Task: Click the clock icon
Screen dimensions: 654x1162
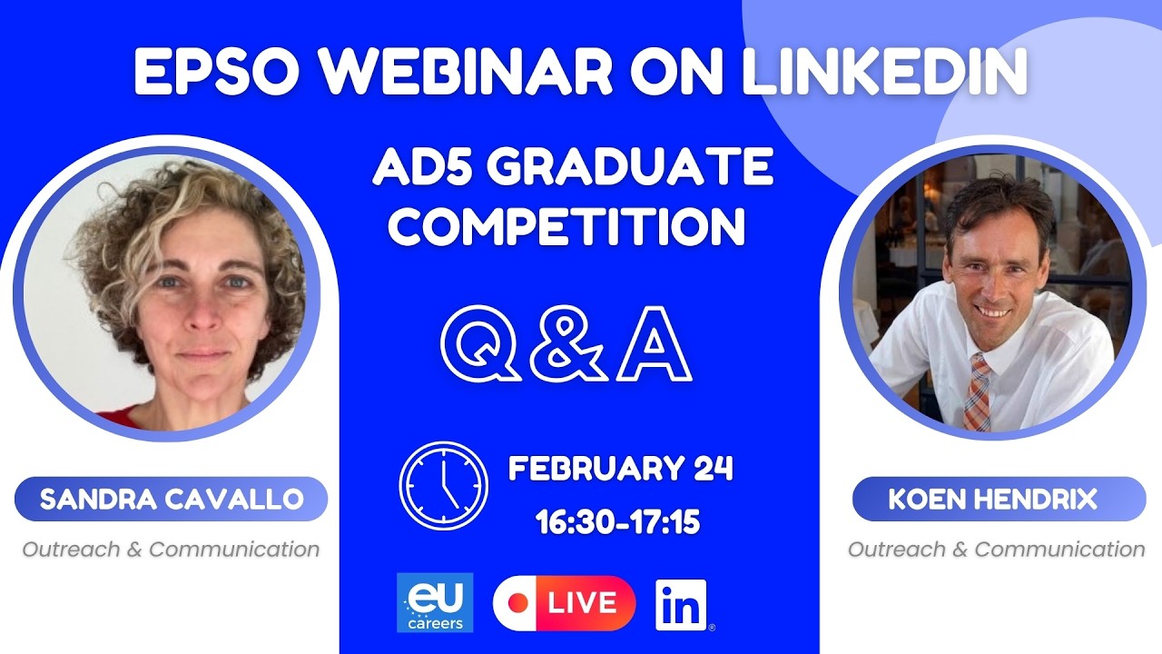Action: coord(443,485)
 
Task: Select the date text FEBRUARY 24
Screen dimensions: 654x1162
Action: coord(620,470)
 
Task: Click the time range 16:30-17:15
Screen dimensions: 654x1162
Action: coord(617,521)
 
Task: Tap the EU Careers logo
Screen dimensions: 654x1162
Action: coord(435,602)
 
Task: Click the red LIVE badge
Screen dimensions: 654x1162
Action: coord(565,603)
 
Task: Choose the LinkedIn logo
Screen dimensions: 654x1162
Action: coord(681,605)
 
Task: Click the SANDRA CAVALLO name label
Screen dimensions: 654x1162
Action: coord(171,499)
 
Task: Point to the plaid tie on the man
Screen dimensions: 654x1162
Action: coord(978,392)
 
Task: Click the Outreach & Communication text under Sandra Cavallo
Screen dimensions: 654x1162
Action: coord(171,549)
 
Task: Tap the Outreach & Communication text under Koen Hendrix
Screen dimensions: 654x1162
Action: coord(996,549)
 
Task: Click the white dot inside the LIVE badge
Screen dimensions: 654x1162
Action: coord(521,603)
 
